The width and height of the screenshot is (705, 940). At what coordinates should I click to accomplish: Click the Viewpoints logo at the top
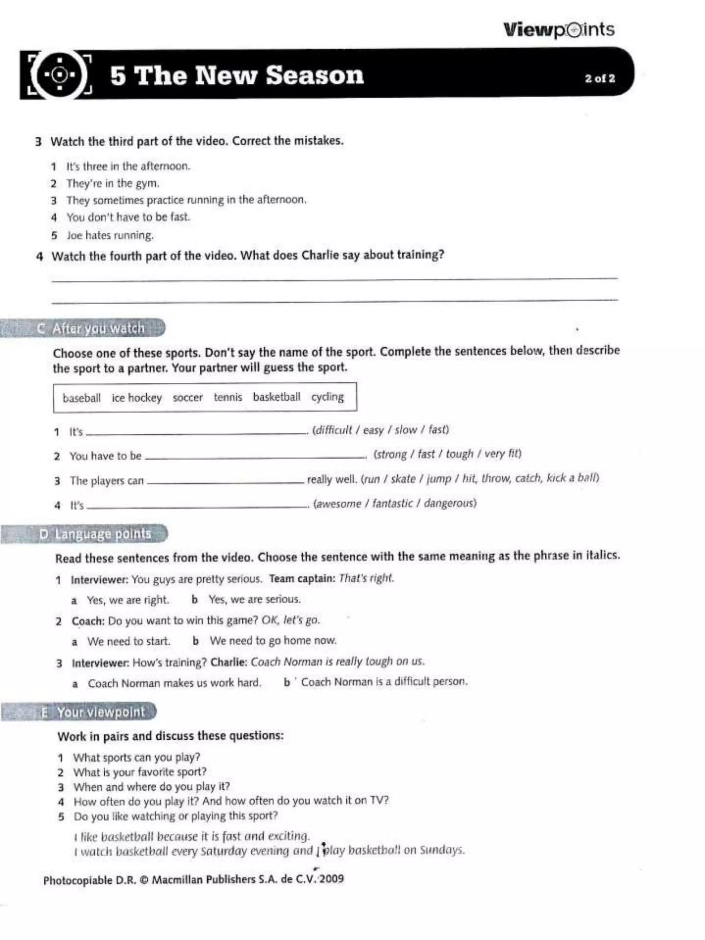pyautogui.click(x=558, y=30)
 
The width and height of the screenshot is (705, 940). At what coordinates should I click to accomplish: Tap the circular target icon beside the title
pyautogui.click(x=60, y=75)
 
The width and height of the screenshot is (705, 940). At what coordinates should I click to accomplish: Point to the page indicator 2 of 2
pyautogui.click(x=600, y=78)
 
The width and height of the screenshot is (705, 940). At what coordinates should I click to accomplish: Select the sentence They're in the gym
pyautogui.click(x=113, y=183)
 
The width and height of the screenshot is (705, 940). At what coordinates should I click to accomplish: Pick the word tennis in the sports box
pyautogui.click(x=228, y=397)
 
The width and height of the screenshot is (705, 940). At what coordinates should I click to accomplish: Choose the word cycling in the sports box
pyautogui.click(x=327, y=397)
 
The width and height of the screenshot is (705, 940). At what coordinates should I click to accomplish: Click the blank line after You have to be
pyautogui.click(x=255, y=456)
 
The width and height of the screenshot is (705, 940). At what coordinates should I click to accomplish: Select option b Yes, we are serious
pyautogui.click(x=254, y=599)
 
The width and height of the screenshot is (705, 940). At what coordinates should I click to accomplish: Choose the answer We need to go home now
pyautogui.click(x=272, y=641)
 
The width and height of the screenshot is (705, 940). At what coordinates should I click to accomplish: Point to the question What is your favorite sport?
pyautogui.click(x=139, y=772)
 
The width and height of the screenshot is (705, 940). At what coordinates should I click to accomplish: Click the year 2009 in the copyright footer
pyautogui.click(x=332, y=879)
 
